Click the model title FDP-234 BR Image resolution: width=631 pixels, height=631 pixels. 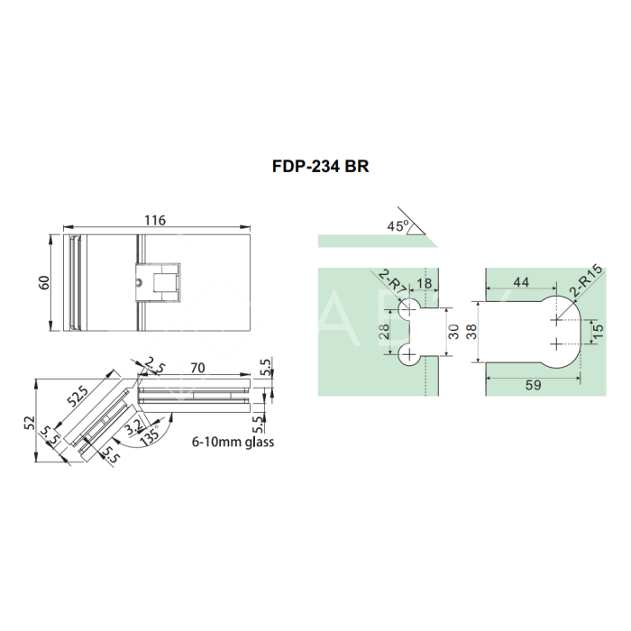coord(320,167)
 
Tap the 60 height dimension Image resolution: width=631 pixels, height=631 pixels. coord(43,283)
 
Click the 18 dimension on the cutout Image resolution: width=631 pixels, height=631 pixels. coord(425,282)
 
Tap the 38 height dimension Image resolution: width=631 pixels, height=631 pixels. coord(471,332)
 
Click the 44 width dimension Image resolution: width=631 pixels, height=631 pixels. coord(520,282)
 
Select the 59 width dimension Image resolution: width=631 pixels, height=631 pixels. coord(533,384)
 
